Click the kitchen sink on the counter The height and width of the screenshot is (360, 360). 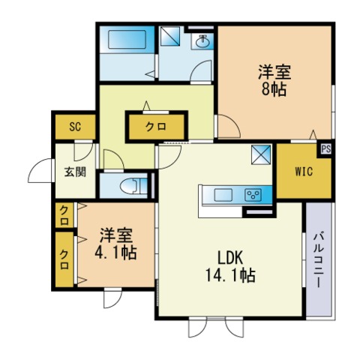click(224, 196)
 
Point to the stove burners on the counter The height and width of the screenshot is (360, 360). click(253, 196)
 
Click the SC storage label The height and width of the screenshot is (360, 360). click(75, 127)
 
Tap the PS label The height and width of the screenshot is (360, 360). click(326, 148)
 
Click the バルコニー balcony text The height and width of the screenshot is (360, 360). click(317, 258)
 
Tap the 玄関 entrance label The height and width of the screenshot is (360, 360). click(74, 171)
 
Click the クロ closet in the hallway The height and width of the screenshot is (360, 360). click(156, 127)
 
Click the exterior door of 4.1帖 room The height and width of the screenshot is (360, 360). click(111, 298)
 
